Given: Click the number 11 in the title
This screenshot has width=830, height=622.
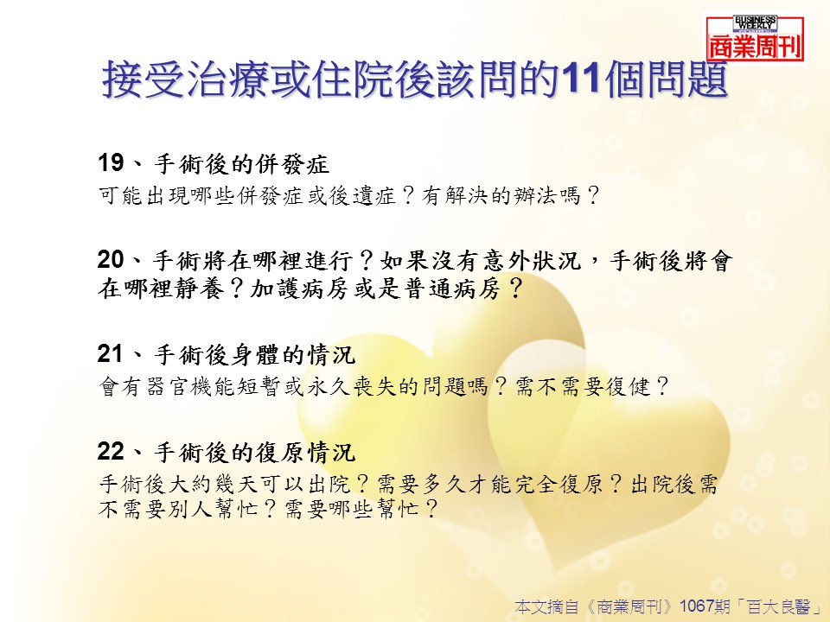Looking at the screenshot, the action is (x=580, y=79).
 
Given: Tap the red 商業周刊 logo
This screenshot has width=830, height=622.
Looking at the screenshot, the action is (x=756, y=39).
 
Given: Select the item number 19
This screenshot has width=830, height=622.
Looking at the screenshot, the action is (x=111, y=163).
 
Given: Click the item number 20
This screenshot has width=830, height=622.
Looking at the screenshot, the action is (x=111, y=260).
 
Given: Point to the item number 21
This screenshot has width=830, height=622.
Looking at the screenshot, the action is (x=110, y=354).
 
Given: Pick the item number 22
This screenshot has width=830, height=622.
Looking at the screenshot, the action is (x=111, y=451).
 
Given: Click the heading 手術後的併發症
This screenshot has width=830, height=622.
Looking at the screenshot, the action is (x=242, y=164).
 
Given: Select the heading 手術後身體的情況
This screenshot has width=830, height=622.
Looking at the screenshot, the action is (x=254, y=355).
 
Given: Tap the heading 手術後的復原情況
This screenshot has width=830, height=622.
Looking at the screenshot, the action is (x=254, y=452).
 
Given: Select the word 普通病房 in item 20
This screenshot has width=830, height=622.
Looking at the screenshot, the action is (x=452, y=289).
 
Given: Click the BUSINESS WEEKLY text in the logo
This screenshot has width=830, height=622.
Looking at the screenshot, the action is (x=755, y=22).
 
